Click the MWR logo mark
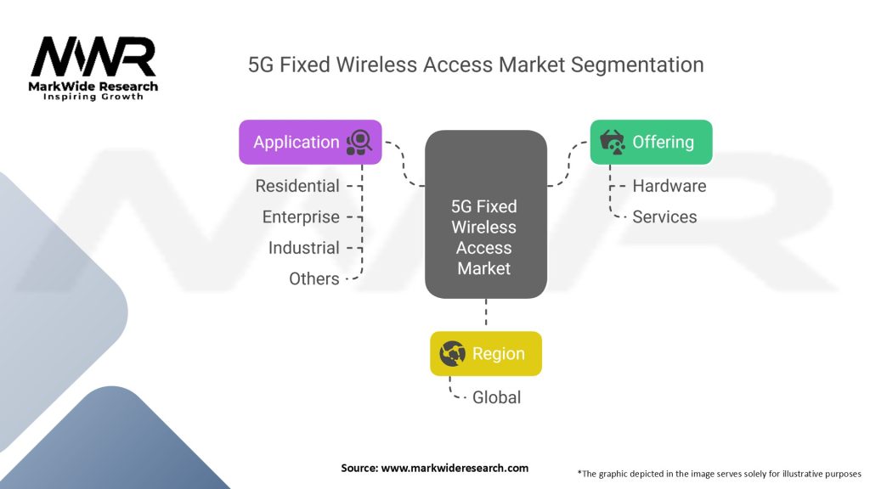pyautogui.click(x=93, y=58)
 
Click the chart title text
pyautogui.click(x=475, y=65)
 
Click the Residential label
pyautogui.click(x=297, y=186)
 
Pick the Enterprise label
pyautogui.click(x=301, y=217)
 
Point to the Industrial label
pyautogui.click(x=303, y=248)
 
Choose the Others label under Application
pyautogui.click(x=314, y=278)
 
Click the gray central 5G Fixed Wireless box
pyautogui.click(x=485, y=214)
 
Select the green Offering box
pyautogui.click(x=651, y=142)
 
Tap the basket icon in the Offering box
pyautogui.click(x=613, y=142)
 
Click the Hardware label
pyautogui.click(x=669, y=186)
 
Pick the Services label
pyautogui.click(x=664, y=217)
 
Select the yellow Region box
pyautogui.click(x=485, y=354)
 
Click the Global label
pyautogui.click(x=496, y=397)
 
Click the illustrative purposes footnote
pyautogui.click(x=719, y=473)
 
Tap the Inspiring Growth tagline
pyautogui.click(x=93, y=97)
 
